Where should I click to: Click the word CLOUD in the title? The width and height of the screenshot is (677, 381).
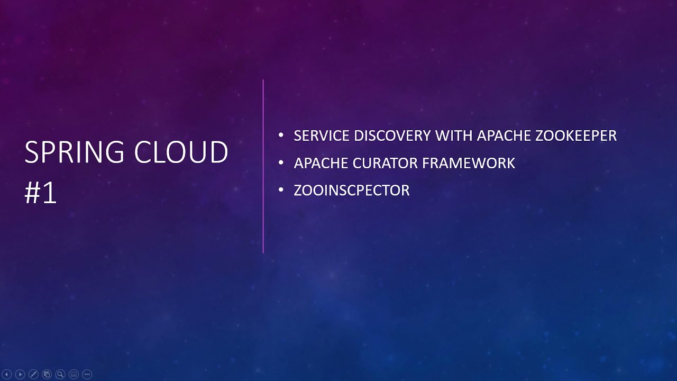(181, 153)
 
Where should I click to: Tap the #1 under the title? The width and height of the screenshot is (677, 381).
(40, 194)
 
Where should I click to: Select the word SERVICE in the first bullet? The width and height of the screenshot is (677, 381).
(322, 135)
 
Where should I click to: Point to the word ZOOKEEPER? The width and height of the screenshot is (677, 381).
(576, 135)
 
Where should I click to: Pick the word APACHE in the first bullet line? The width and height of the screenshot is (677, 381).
(504, 135)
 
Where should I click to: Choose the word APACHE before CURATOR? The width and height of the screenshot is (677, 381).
(321, 163)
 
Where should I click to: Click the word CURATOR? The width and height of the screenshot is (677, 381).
(384, 163)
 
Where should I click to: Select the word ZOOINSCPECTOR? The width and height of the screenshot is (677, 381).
(351, 190)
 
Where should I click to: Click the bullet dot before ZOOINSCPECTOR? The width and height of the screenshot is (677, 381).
(281, 190)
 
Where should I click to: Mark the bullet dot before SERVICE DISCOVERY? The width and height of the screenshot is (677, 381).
(281, 135)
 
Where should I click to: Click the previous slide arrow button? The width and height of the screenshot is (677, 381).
(7, 374)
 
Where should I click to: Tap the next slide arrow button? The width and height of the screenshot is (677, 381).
(20, 374)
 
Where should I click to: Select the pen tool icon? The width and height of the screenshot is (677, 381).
(33, 374)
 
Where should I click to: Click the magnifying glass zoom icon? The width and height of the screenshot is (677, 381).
(60, 374)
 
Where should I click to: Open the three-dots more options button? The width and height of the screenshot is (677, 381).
(87, 374)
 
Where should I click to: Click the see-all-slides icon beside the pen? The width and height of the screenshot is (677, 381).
(47, 374)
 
